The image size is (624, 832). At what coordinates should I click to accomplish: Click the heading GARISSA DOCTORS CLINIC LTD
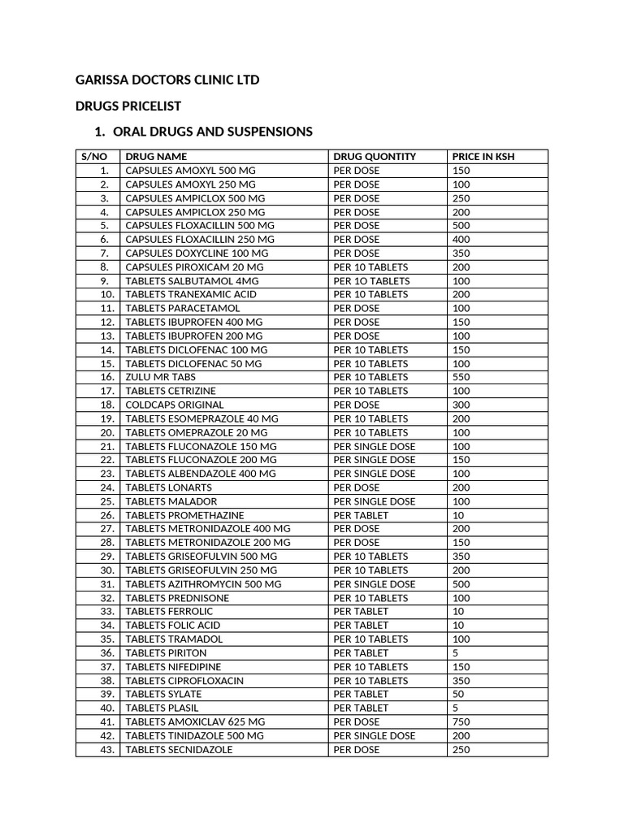(167, 80)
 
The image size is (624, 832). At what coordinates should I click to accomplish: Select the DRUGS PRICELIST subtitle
(128, 106)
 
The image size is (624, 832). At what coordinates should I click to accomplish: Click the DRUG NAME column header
(156, 156)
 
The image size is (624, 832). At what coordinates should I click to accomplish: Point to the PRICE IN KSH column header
(483, 156)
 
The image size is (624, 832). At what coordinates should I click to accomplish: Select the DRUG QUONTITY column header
(375, 156)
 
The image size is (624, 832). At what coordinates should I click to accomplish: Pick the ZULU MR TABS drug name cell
(160, 377)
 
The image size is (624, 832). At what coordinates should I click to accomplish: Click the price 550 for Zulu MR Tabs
(461, 377)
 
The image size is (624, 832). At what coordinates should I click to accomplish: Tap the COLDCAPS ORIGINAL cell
(174, 405)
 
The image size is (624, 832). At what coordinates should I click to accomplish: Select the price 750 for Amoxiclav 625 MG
(461, 721)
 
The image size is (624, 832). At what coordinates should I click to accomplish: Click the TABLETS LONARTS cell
(168, 487)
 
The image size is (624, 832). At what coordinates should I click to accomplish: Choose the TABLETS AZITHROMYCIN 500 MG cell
(203, 584)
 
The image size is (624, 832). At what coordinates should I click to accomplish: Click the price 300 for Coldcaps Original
(461, 405)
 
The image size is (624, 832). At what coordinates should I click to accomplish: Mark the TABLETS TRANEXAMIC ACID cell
(191, 294)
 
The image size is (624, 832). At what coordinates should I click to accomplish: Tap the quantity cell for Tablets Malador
(375, 501)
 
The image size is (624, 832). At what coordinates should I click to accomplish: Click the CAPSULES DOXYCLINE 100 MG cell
(197, 253)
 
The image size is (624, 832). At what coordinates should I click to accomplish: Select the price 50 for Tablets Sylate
(459, 694)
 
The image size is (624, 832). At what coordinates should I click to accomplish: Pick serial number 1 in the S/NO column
(105, 171)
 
